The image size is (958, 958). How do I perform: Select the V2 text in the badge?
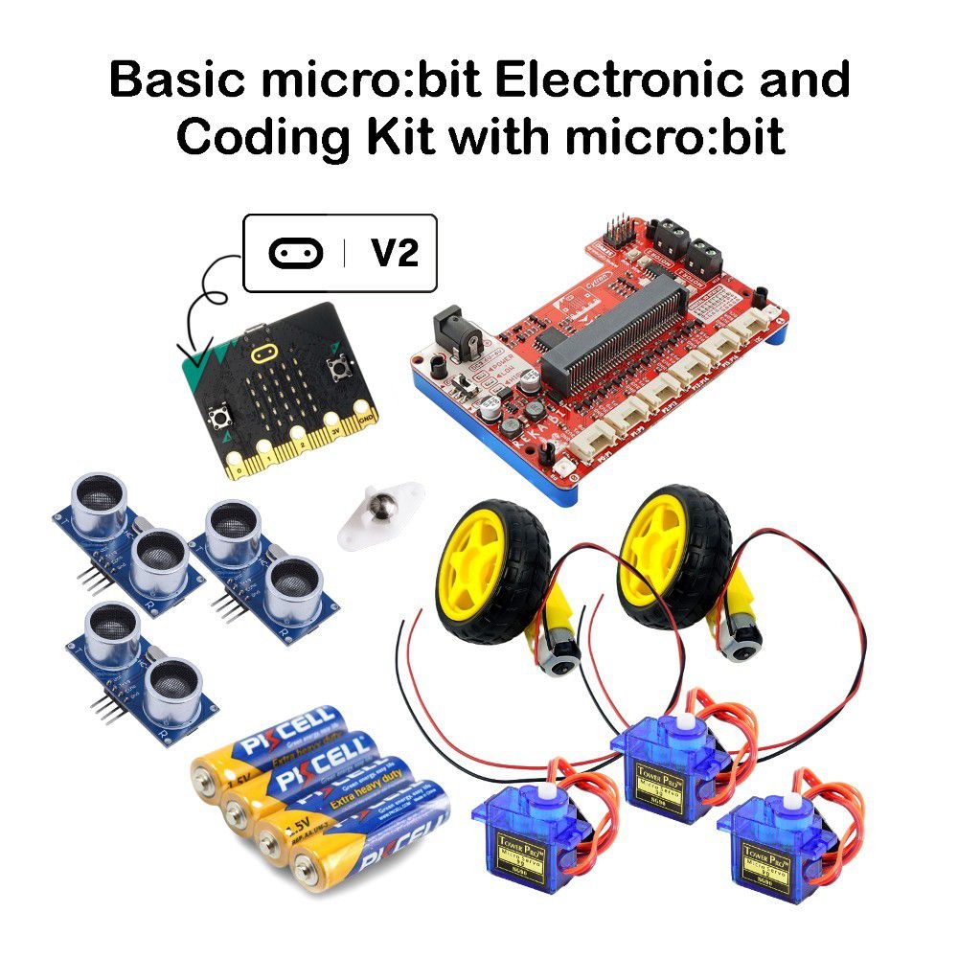394,253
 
